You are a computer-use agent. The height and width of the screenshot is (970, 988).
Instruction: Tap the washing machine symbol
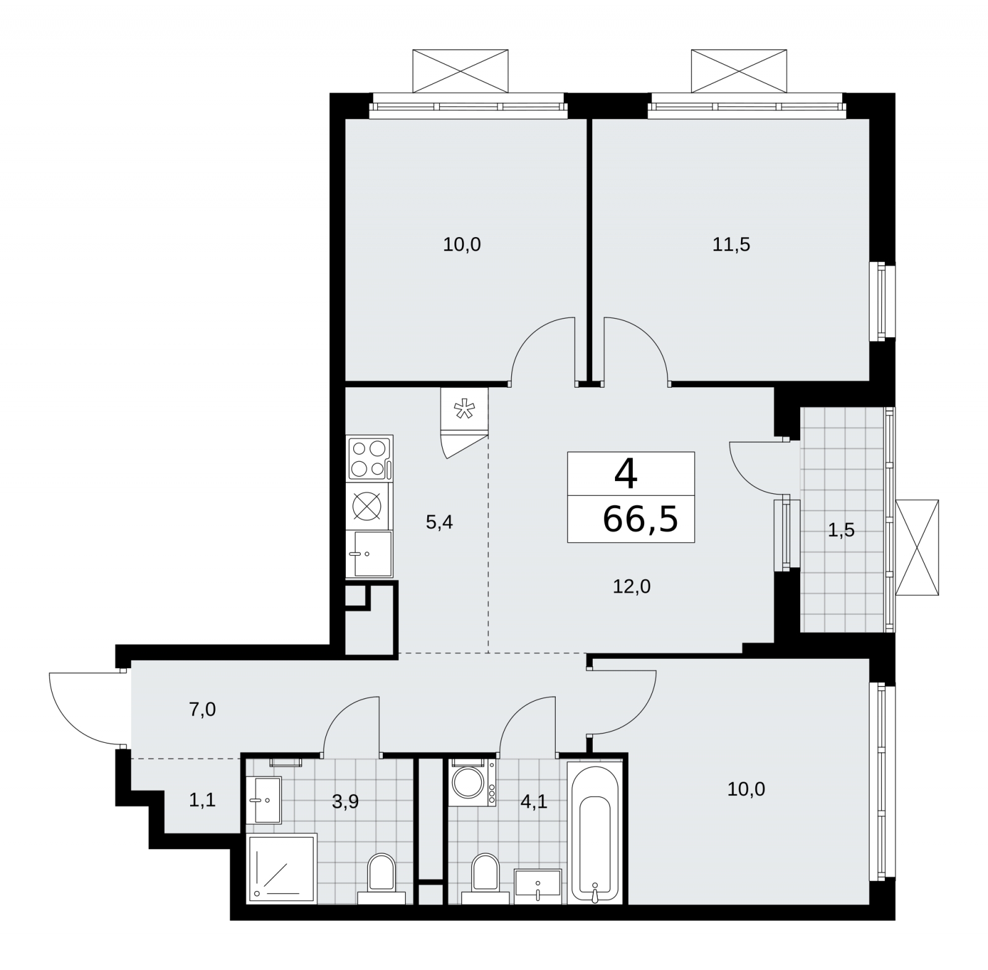[472, 782]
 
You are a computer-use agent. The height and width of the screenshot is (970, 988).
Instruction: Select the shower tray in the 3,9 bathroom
[282, 868]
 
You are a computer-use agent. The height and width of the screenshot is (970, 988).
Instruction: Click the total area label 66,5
[640, 519]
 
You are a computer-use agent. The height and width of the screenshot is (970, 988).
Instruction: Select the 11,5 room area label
[731, 245]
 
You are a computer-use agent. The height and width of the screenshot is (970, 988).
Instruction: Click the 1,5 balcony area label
[841, 530]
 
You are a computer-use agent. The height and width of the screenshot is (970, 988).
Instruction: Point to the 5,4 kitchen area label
[440, 522]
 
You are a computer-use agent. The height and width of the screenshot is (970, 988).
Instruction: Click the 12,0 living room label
[632, 586]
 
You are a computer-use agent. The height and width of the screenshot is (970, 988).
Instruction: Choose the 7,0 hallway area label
[203, 709]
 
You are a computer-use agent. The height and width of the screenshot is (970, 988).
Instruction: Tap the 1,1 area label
[202, 801]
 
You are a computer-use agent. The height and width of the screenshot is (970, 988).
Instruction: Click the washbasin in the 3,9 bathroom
[264, 800]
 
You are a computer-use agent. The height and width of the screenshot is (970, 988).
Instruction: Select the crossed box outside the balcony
[917, 548]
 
